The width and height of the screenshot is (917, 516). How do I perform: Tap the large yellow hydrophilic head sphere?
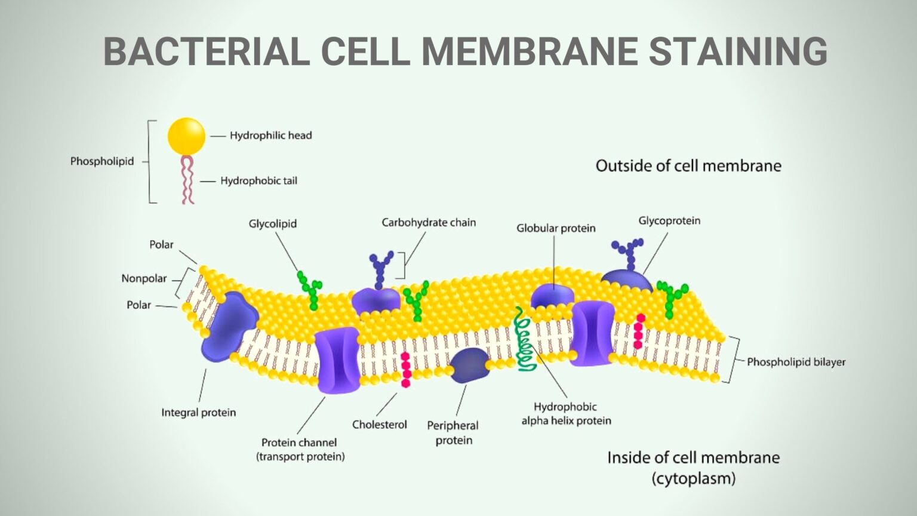click(x=186, y=136)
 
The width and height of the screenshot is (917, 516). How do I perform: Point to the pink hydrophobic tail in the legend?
click(x=187, y=180)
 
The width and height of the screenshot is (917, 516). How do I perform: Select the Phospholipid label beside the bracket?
click(x=102, y=161)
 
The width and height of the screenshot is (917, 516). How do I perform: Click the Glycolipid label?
click(x=273, y=224)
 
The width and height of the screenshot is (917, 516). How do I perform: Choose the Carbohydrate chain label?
click(x=429, y=223)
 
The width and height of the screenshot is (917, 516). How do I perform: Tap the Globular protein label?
click(x=556, y=228)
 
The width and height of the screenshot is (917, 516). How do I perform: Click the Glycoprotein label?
click(x=669, y=221)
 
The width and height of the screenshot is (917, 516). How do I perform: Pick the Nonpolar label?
click(x=144, y=278)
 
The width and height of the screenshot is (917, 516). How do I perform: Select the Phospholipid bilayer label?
click(x=796, y=362)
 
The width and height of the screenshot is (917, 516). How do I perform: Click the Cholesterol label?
click(x=380, y=425)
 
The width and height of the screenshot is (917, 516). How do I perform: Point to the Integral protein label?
click(x=199, y=413)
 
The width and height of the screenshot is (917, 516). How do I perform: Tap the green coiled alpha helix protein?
click(x=525, y=340)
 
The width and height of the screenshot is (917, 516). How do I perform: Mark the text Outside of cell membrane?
click(x=688, y=166)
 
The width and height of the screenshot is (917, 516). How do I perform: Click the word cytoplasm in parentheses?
click(x=694, y=478)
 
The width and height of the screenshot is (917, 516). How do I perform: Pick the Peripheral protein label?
click(x=453, y=433)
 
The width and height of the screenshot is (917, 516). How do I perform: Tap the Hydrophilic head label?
click(x=271, y=136)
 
